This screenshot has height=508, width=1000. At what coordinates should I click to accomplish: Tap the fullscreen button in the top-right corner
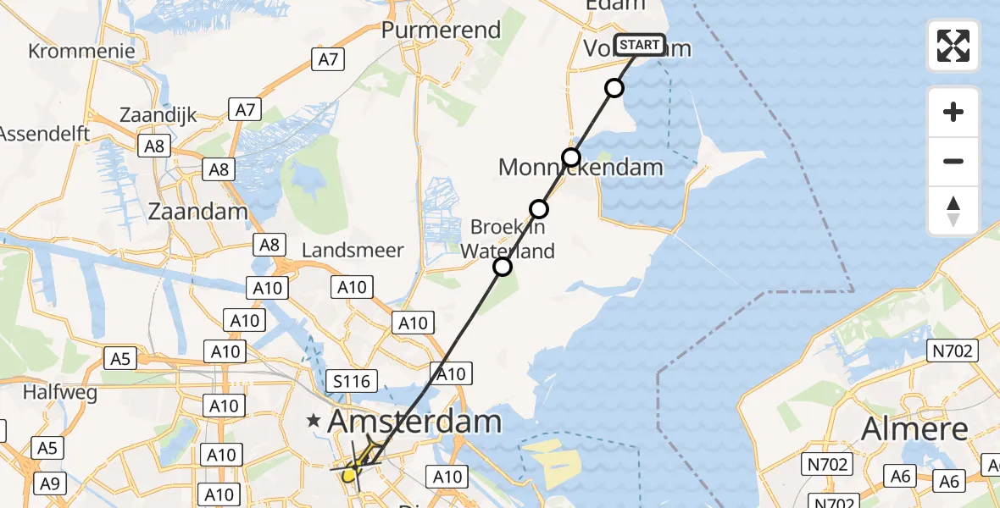pos(953,46)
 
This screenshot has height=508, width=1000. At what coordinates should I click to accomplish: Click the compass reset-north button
pos(953,211)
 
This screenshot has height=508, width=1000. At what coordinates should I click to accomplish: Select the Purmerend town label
pos(441,30)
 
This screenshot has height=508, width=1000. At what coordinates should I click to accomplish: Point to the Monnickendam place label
pos(581,167)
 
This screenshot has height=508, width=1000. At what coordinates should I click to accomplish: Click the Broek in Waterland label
pos(508,239)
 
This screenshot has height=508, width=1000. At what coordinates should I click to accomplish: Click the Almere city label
pos(914,429)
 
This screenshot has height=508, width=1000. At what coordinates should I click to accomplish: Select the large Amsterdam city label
pos(414,421)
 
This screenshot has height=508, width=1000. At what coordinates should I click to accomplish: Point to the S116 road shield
pos(352,382)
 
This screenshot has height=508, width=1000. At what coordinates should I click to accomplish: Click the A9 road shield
pos(50,483)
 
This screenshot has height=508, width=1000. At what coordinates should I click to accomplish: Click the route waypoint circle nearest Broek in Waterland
pos(539,209)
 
